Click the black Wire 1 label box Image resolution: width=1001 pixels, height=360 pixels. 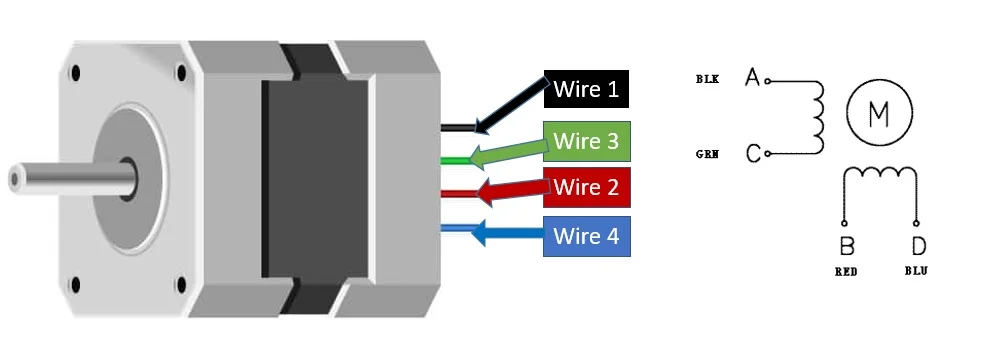[x=586, y=89]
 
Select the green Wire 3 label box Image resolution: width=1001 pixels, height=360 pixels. [x=587, y=141]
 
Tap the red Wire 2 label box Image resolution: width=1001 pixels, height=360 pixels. [x=587, y=188]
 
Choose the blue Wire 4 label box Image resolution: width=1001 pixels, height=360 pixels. [x=587, y=236]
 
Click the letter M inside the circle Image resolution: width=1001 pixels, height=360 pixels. [x=879, y=113]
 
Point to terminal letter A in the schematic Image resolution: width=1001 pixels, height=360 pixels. [x=753, y=77]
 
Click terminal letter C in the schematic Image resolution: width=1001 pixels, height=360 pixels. [x=753, y=153]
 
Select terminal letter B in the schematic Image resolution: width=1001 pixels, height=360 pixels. [x=847, y=246]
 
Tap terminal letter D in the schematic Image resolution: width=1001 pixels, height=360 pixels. [x=919, y=246]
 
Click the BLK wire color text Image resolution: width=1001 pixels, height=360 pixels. [x=707, y=79]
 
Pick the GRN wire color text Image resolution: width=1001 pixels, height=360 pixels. [x=707, y=154]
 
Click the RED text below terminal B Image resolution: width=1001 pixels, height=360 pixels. [x=846, y=272]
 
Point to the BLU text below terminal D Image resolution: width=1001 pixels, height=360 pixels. [x=916, y=271]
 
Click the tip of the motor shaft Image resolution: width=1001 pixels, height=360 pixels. [x=14, y=179]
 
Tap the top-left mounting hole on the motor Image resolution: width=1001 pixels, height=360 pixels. [x=76, y=73]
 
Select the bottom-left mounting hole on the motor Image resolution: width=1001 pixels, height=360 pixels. [x=75, y=285]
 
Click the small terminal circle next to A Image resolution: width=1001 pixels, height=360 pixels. [x=767, y=81]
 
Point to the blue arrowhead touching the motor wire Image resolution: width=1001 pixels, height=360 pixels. [x=479, y=233]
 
